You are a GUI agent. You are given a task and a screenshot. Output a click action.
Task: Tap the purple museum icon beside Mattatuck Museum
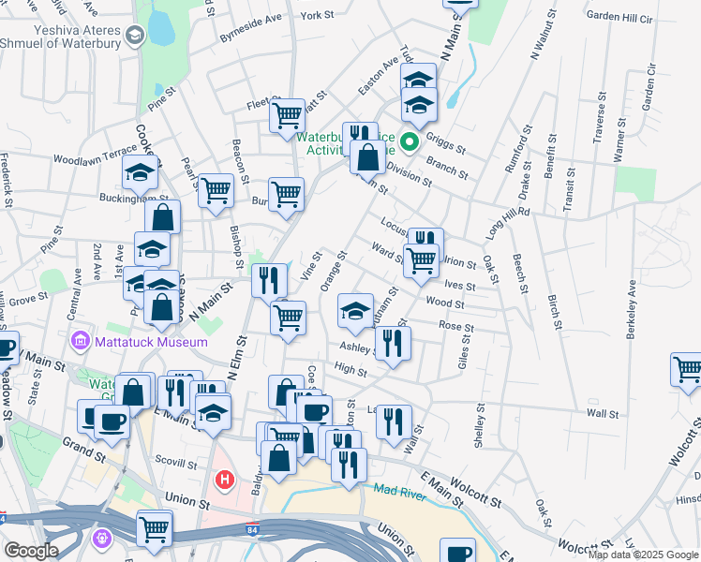tap(80, 341)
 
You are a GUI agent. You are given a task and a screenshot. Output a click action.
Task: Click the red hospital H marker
tap(224, 481)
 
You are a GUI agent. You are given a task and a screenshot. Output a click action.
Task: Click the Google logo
tap(31, 551)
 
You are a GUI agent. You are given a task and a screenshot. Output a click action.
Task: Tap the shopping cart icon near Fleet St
tap(286, 117)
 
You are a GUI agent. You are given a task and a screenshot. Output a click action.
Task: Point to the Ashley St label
tap(357, 347)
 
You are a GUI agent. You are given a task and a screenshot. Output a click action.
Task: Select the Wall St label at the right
tap(603, 413)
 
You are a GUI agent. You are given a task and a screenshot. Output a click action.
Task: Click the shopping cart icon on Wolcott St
tap(687, 369)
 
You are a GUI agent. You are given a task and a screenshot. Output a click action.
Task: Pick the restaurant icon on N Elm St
tap(269, 279)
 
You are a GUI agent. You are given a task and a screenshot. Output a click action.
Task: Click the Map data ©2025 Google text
tap(643, 555)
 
